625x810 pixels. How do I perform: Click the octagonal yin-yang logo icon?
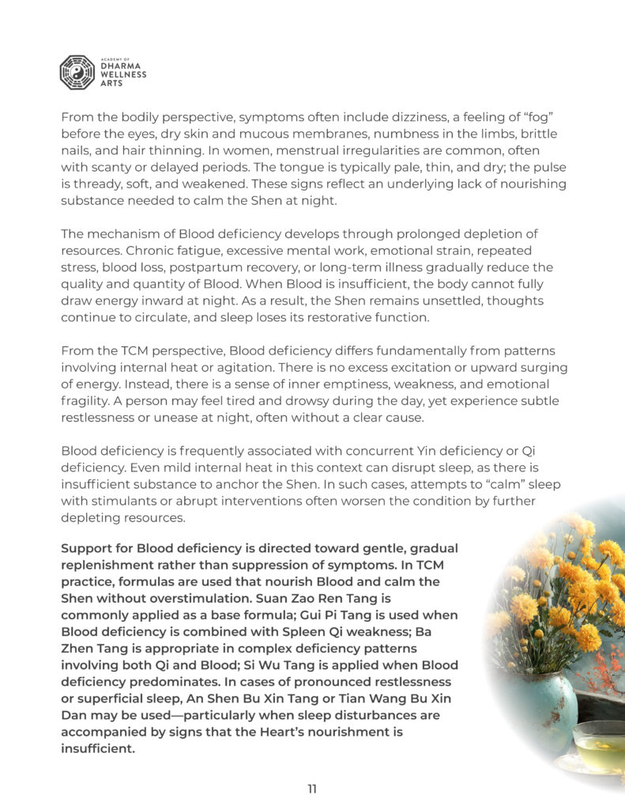click(x=77, y=71)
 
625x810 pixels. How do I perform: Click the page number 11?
click(x=312, y=789)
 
